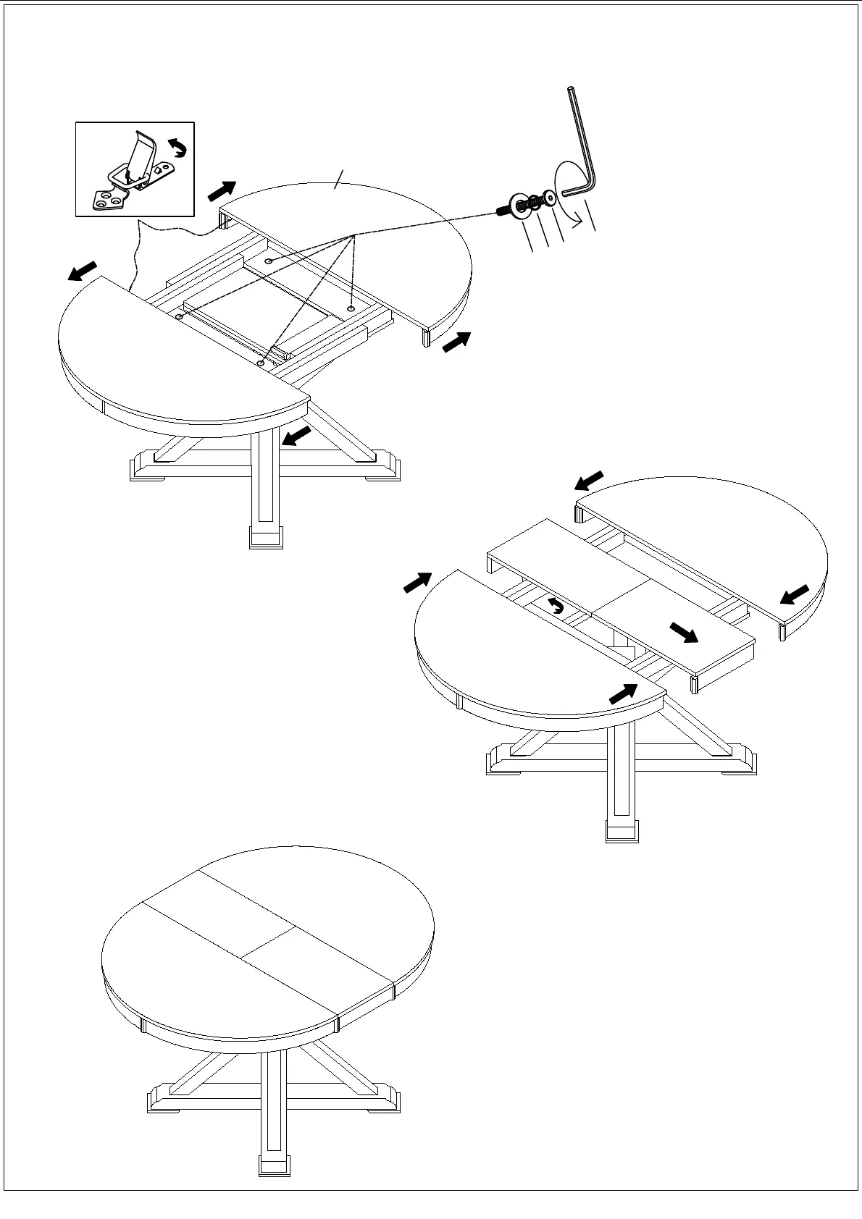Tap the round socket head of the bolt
(x=552, y=197)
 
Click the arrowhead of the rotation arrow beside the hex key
(x=576, y=212)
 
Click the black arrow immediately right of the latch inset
(x=222, y=191)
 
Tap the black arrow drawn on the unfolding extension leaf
(x=683, y=633)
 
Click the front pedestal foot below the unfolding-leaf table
(x=622, y=830)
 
